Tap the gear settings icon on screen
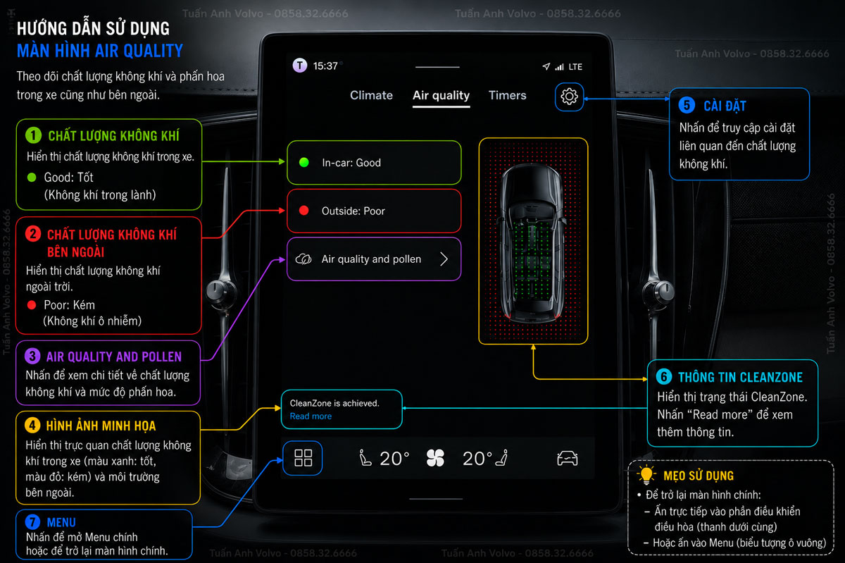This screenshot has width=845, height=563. click(x=569, y=97)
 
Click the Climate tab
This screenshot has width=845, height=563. click(x=371, y=95)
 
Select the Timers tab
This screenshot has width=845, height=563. click(x=508, y=95)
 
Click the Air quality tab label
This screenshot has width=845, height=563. click(x=441, y=95)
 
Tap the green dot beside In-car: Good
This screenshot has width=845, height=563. click(x=303, y=162)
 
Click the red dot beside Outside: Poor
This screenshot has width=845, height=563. click(x=303, y=210)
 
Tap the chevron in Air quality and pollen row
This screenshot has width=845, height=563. click(x=444, y=259)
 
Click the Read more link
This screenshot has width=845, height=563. click(x=311, y=416)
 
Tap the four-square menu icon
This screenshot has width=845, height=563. click(x=303, y=457)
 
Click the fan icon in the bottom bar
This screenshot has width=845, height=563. click(x=435, y=458)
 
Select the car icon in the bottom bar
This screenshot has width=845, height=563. click(x=567, y=459)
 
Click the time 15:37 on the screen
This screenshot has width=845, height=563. click(x=325, y=66)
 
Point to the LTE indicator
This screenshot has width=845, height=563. click(x=575, y=67)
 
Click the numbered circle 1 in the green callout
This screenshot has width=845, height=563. click(x=33, y=135)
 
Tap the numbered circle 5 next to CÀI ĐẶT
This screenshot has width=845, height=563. click(x=687, y=105)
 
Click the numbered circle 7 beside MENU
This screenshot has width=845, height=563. click(x=32, y=522)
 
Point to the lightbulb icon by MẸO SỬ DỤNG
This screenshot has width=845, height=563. click(x=646, y=474)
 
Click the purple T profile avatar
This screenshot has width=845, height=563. click(x=300, y=66)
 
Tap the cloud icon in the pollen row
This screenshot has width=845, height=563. click(x=303, y=259)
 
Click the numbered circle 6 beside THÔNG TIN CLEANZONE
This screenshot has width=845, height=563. click(x=664, y=376)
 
